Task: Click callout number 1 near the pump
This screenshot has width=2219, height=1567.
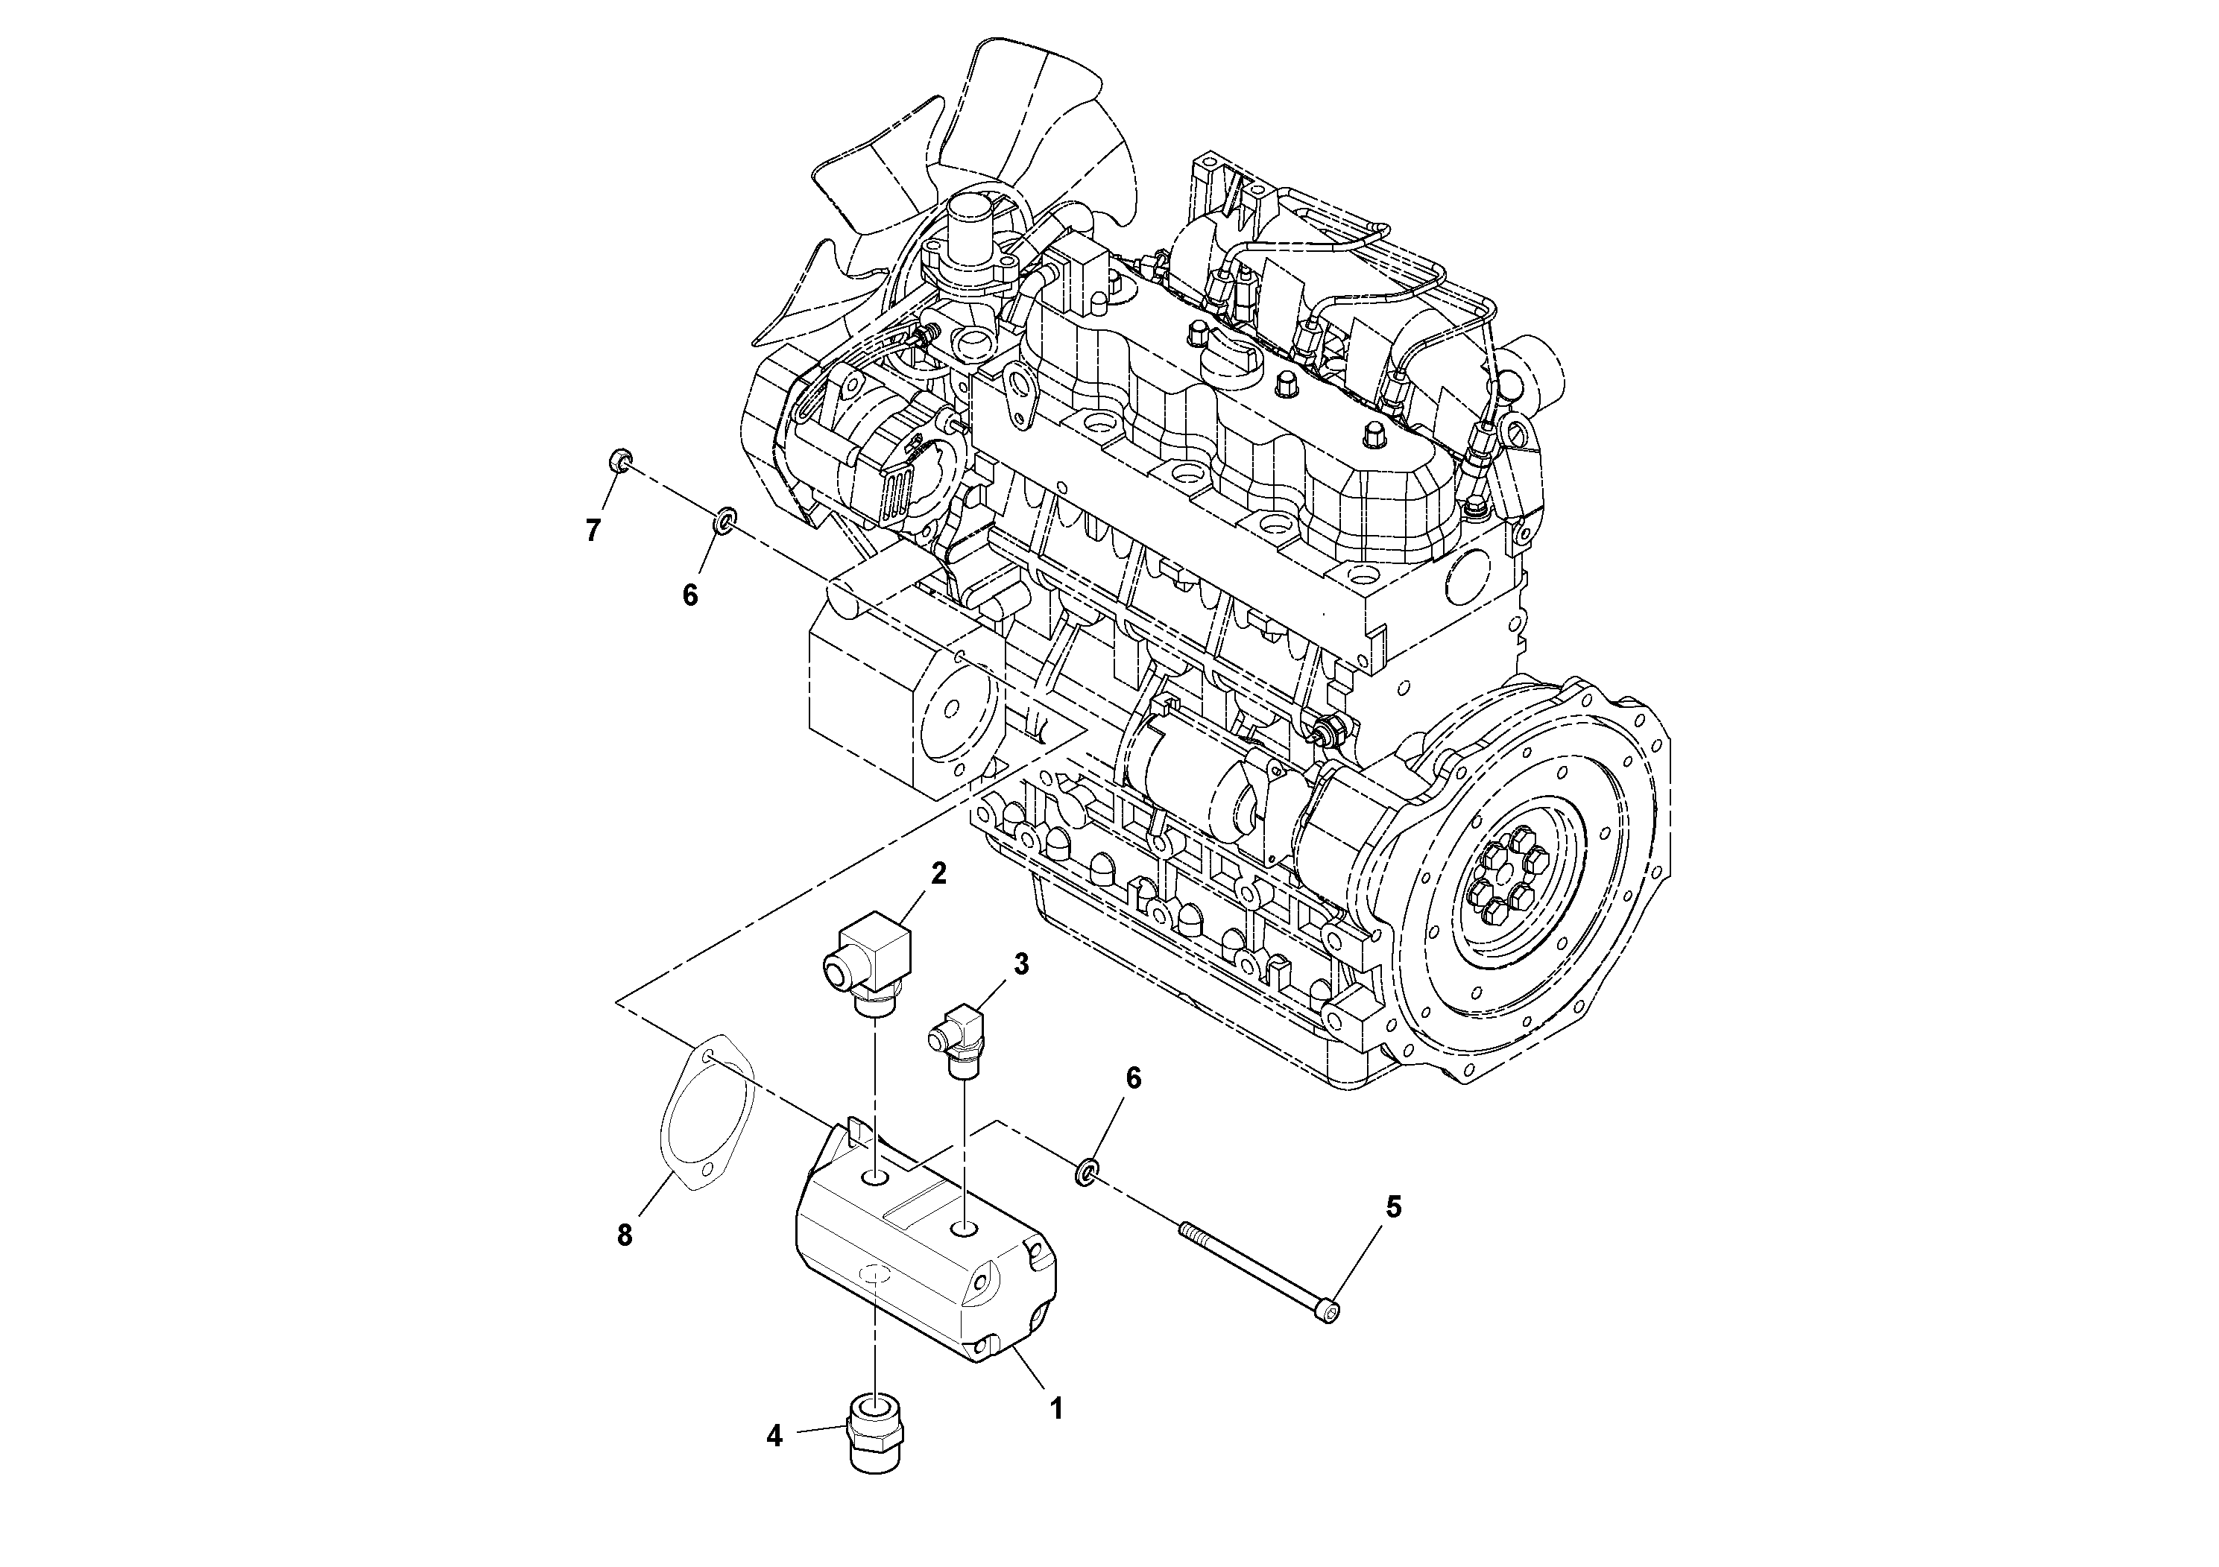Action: click(1056, 1408)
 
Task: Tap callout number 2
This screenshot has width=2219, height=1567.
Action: click(938, 873)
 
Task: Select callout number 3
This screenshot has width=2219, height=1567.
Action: click(1020, 963)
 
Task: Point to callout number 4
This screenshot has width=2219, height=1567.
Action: click(774, 1463)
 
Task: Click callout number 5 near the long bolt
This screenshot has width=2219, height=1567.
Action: click(1392, 1206)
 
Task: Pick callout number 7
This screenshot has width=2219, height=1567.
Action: click(593, 530)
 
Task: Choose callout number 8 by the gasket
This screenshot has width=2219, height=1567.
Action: click(625, 1235)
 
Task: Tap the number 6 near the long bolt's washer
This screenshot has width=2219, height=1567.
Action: click(1134, 1078)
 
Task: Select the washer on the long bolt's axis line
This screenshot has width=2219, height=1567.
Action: click(1086, 1174)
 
